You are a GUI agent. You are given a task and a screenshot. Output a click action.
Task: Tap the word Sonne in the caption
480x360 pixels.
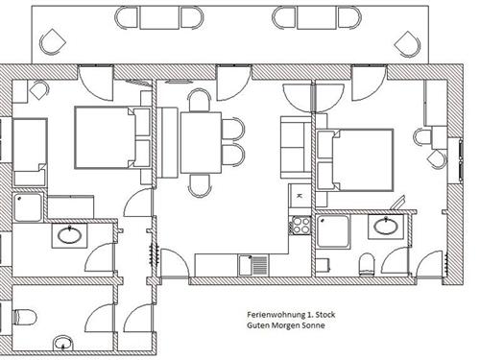[x=314, y=325]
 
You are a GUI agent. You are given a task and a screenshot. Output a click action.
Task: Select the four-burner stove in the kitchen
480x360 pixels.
[x=300, y=226]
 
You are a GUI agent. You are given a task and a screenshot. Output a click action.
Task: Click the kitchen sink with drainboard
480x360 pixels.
[x=253, y=265]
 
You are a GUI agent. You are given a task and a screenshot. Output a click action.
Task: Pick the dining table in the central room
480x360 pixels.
[x=201, y=142]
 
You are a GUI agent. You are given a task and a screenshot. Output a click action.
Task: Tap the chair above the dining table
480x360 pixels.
[x=200, y=100]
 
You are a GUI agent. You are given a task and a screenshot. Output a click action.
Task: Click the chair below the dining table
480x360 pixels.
[x=200, y=185]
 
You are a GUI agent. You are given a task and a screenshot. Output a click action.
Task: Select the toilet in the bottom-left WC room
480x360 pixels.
[x=25, y=317]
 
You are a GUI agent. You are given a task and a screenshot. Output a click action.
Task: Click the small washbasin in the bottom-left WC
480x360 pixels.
[x=62, y=343]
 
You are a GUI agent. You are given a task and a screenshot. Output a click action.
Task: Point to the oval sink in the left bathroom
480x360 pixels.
[x=69, y=235]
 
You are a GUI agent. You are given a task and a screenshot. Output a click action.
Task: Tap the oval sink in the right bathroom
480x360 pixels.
[x=386, y=227]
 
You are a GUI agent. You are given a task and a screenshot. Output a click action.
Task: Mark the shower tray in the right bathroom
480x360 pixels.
[x=333, y=231]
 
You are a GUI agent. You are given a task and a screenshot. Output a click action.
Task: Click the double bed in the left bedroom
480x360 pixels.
[x=112, y=137]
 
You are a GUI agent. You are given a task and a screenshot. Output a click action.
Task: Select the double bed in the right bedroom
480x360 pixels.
[x=355, y=160]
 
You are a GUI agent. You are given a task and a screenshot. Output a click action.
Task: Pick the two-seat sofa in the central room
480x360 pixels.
[x=296, y=147]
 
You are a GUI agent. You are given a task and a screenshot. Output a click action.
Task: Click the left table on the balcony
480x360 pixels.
[x=159, y=18]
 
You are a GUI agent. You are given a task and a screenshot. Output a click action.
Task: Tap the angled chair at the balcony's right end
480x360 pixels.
[x=407, y=44]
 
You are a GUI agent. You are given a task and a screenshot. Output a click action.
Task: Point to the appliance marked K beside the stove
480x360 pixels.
[x=300, y=196]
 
